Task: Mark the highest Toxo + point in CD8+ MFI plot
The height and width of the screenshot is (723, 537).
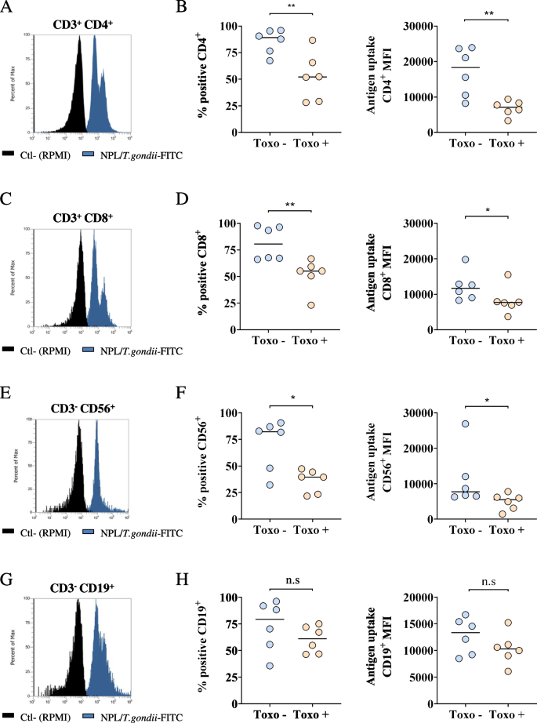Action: [x=508, y=275]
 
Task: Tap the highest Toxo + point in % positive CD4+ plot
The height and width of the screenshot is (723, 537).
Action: [x=312, y=40]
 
